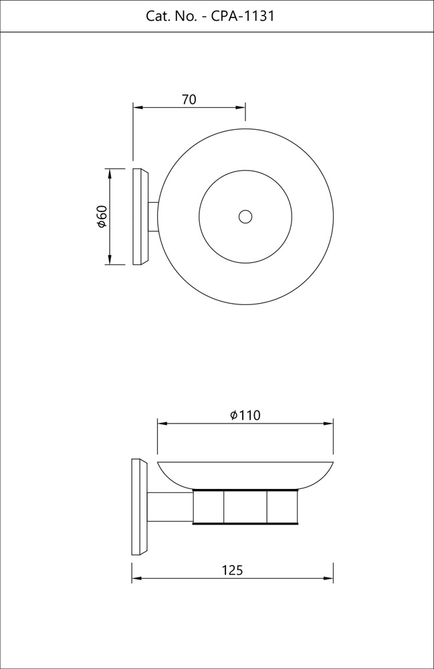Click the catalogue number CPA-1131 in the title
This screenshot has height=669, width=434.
(242, 16)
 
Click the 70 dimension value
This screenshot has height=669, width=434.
(189, 100)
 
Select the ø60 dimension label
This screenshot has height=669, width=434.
(102, 217)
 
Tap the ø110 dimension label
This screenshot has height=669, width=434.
(245, 415)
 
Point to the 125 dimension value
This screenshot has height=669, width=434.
(232, 571)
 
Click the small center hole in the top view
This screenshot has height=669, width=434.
(245, 217)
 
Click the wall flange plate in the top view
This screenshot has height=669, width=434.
(140, 217)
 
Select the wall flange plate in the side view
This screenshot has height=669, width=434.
(138, 506)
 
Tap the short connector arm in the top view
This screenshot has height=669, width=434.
(153, 217)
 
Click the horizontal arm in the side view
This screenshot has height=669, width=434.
(170, 506)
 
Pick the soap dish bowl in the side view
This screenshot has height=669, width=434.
(245, 474)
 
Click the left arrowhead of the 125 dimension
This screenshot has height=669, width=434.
(136, 579)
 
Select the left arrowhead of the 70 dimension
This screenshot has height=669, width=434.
(137, 107)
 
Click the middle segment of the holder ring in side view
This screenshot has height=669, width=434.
(245, 506)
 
